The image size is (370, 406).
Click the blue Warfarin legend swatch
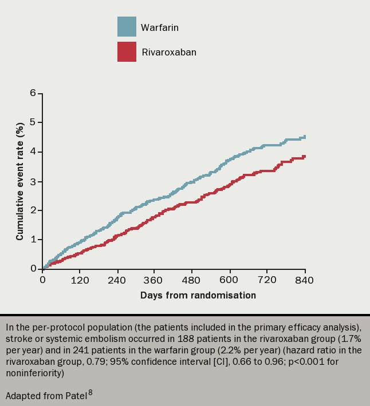127,27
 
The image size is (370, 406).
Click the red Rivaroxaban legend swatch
127,52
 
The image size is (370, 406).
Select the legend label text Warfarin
160,27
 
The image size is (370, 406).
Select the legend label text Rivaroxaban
168,52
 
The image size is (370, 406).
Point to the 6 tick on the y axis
33,93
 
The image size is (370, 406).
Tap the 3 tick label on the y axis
33,181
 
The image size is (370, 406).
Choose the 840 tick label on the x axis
305,280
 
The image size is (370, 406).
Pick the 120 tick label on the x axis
80,280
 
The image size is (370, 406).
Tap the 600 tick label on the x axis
230,280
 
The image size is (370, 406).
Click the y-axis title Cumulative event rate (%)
20,181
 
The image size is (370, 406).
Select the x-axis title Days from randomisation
198,296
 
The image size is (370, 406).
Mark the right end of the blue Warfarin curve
305,137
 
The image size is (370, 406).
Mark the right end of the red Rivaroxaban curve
305,156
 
